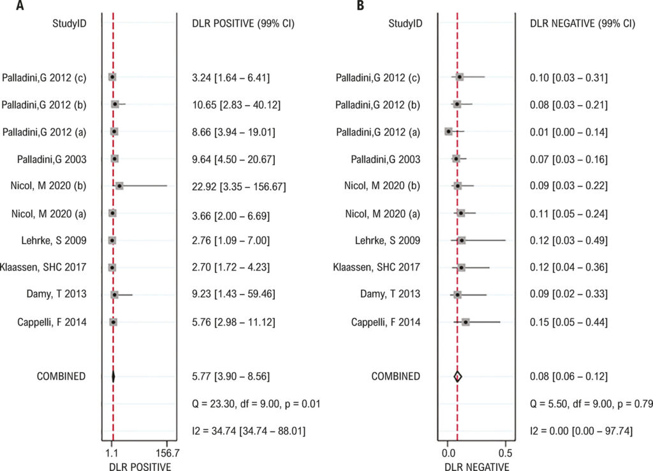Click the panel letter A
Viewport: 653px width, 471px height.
click(x=20, y=5)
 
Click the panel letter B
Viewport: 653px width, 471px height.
click(x=360, y=5)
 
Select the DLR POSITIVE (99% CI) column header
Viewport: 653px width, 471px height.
click(x=243, y=24)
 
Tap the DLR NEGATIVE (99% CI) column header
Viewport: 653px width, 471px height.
click(x=582, y=24)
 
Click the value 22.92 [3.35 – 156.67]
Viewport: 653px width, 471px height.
click(x=239, y=186)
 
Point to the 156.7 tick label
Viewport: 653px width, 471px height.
click(x=166, y=453)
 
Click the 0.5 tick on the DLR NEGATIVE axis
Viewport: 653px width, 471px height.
click(x=505, y=453)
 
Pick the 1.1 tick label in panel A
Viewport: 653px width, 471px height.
click(x=112, y=453)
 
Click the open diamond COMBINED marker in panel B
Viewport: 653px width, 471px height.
click(x=458, y=377)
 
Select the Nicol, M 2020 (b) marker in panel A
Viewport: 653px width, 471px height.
click(x=119, y=185)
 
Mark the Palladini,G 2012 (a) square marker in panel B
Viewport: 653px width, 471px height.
click(x=448, y=131)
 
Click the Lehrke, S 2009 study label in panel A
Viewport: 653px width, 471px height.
click(x=54, y=240)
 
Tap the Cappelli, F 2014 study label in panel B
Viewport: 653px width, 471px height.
click(x=386, y=322)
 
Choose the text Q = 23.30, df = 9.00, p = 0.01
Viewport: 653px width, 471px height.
click(x=256, y=403)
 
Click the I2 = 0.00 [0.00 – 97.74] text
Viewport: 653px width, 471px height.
click(x=581, y=431)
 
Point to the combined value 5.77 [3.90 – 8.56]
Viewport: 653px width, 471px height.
click(x=231, y=377)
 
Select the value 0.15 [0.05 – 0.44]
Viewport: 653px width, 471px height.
click(x=568, y=322)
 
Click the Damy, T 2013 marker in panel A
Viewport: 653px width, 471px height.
click(x=115, y=295)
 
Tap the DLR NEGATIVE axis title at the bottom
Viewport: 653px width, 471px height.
click(x=476, y=467)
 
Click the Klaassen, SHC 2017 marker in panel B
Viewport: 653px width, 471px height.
click(x=461, y=268)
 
